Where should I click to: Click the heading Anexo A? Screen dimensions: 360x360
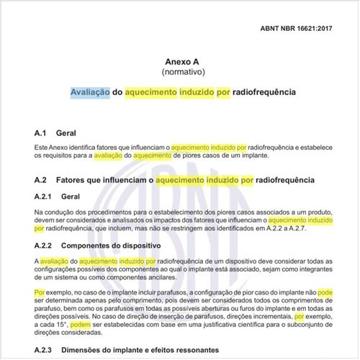181,62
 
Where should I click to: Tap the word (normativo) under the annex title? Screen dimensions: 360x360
181,73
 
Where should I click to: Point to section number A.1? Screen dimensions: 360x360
40,134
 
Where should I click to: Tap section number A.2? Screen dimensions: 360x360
40,179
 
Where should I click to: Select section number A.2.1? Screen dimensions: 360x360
43,196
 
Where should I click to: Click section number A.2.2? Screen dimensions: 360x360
43,246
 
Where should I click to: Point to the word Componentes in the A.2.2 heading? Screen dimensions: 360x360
95,246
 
